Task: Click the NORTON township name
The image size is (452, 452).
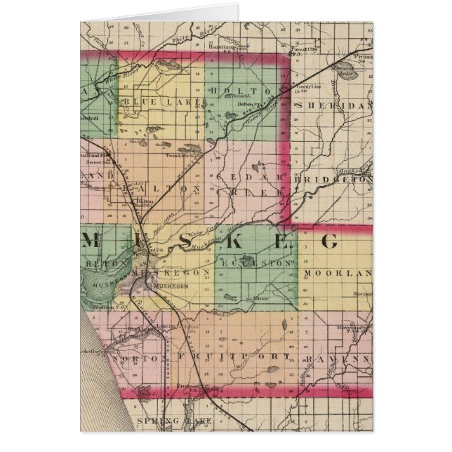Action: (x=138, y=359)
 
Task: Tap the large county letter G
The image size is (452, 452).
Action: (x=330, y=242)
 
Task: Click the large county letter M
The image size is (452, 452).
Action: (x=91, y=241)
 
